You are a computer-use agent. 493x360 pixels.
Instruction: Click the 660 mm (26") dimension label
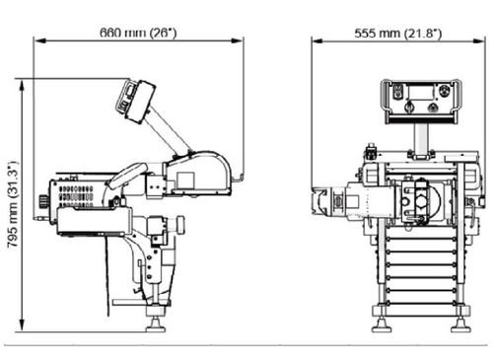(x=138, y=33)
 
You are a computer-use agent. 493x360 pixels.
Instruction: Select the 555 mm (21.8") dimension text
(x=398, y=34)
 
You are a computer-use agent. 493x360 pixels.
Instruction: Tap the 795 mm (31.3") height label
(x=12, y=204)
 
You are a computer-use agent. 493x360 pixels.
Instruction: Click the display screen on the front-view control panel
(x=422, y=92)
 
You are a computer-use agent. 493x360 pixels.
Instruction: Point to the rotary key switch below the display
(x=409, y=107)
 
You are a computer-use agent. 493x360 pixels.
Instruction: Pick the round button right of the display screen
(x=445, y=91)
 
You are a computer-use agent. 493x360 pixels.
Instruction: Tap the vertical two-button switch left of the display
(x=398, y=91)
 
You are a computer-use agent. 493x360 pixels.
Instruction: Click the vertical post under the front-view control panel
(x=421, y=139)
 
